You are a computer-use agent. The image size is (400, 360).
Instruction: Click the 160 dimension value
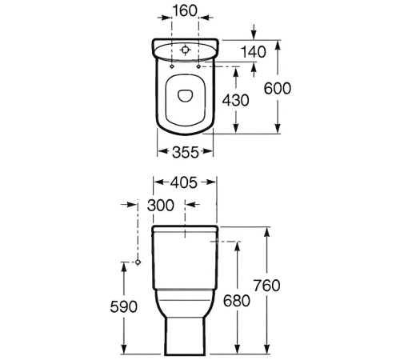183,14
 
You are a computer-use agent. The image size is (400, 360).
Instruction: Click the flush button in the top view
184,50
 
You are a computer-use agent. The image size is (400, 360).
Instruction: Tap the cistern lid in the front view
184,230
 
